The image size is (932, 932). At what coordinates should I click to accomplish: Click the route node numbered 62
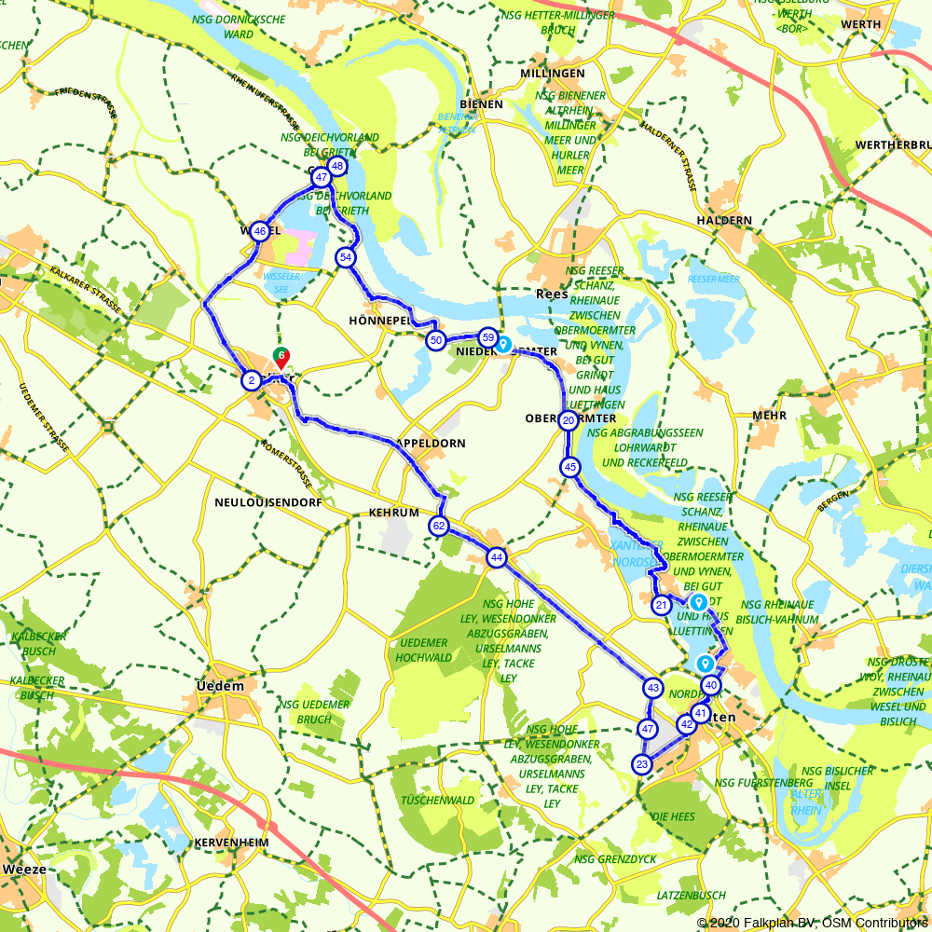click(439, 527)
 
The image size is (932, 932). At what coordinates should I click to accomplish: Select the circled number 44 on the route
click(497, 557)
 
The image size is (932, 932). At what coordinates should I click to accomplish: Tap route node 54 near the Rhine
click(347, 256)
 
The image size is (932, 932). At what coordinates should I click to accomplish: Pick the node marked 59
click(487, 336)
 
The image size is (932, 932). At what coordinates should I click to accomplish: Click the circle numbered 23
click(641, 764)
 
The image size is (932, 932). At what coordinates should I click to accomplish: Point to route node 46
click(260, 231)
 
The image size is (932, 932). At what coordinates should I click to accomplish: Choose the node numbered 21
click(661, 606)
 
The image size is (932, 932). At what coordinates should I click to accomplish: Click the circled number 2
click(251, 380)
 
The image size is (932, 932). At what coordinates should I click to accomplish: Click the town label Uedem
click(221, 686)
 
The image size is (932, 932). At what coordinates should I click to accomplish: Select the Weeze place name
click(24, 869)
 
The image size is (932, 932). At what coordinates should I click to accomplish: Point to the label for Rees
click(552, 294)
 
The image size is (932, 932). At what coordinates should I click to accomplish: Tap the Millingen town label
click(554, 73)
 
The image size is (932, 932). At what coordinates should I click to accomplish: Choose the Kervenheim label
click(232, 843)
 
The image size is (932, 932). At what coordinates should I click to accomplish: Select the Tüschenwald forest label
click(437, 800)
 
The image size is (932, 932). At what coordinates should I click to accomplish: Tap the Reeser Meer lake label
click(713, 279)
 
